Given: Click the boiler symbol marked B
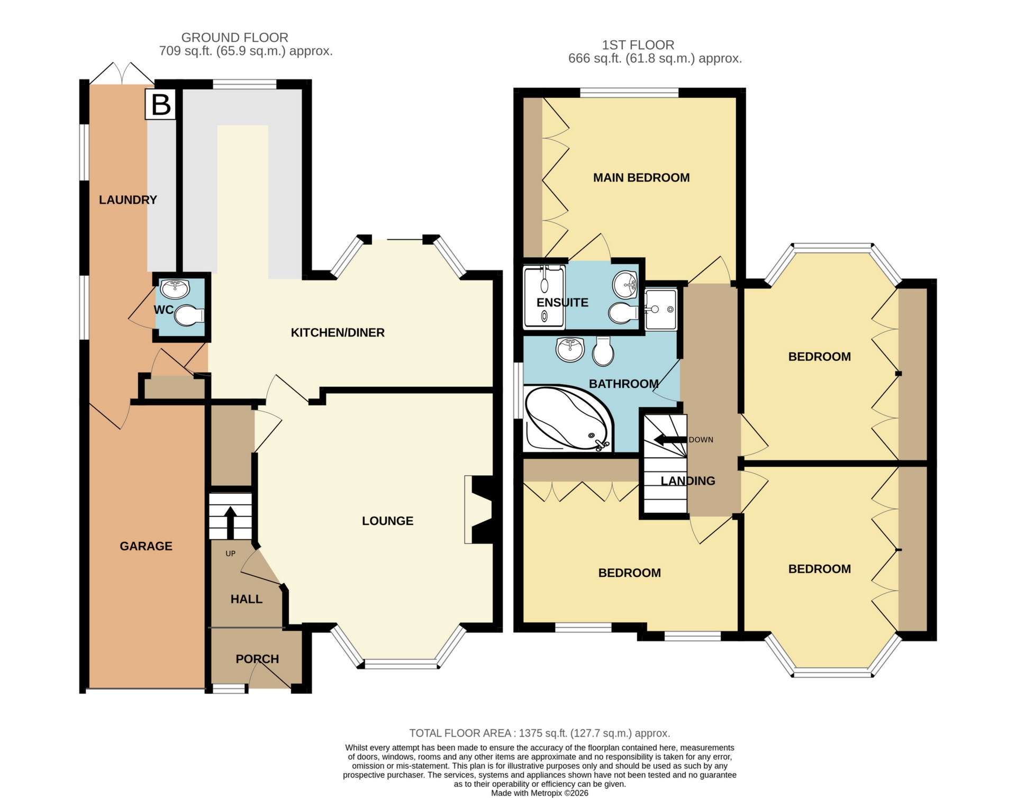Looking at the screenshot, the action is (160, 104).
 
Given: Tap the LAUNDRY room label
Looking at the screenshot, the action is (128, 199).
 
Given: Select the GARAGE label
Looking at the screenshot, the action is (146, 546).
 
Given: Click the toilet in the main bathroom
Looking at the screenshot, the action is (603, 350).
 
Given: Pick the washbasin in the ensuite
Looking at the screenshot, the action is (625, 284).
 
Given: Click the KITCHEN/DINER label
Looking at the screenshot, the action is (338, 332).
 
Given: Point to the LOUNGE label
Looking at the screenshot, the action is (387, 521).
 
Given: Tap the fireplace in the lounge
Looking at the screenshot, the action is (479, 510).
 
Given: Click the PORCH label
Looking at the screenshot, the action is (257, 659).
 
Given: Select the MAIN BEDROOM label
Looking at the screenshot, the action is (641, 178).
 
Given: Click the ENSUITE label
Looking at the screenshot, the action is (563, 303).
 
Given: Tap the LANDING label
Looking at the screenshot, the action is (688, 480).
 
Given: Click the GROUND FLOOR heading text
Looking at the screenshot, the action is (235, 38).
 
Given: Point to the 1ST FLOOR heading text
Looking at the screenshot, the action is (638, 45).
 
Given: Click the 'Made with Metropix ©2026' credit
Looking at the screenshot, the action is (540, 793).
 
